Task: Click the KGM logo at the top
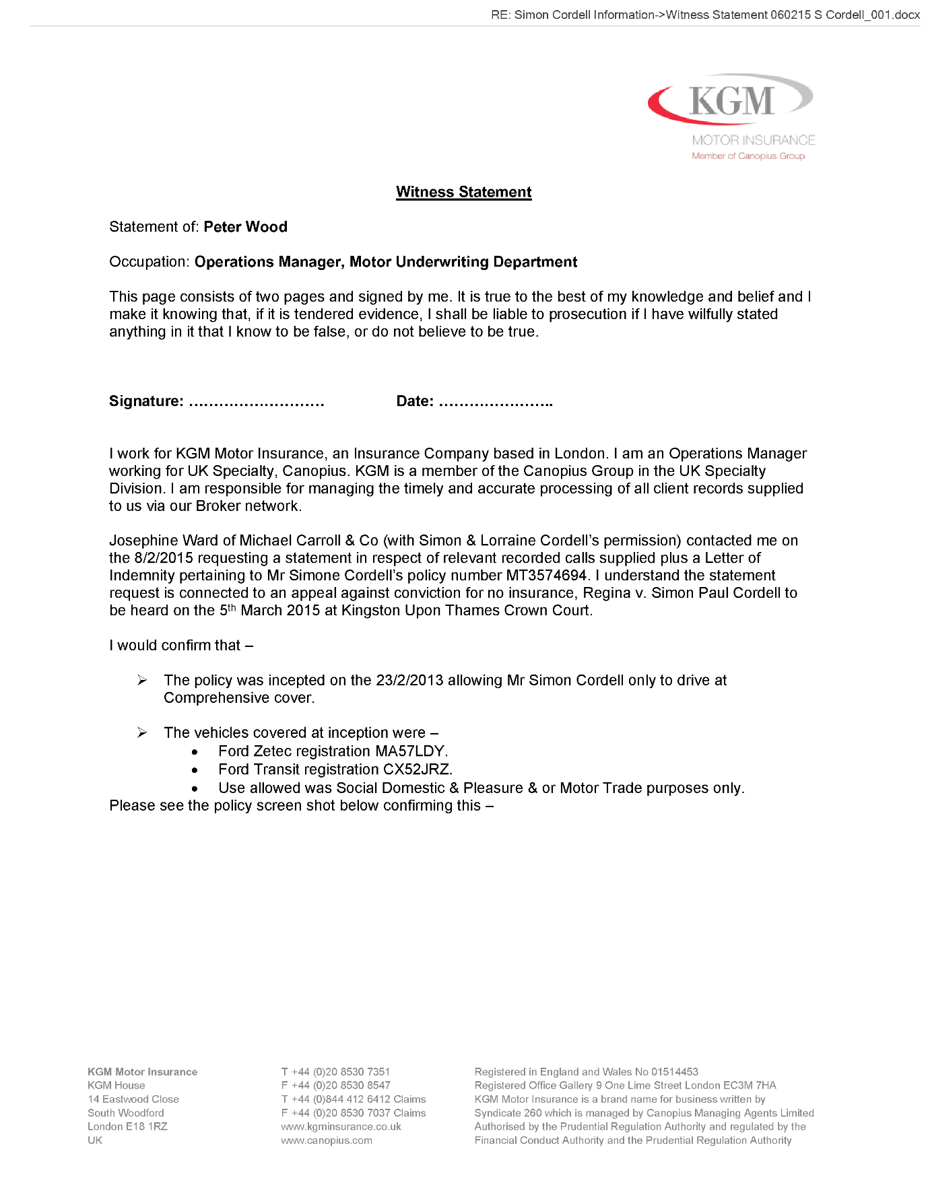pos(731,101)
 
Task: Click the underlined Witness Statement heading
pos(463,192)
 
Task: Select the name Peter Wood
pos(245,227)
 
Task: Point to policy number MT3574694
pos(546,576)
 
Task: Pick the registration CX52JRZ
pos(417,769)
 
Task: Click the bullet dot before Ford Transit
pos(195,770)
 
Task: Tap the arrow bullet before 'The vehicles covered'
pos(142,732)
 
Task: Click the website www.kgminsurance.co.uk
pos(341,1127)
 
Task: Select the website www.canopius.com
pos(327,1140)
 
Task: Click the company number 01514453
pos(674,1072)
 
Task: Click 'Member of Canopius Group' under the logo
pos(748,156)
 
